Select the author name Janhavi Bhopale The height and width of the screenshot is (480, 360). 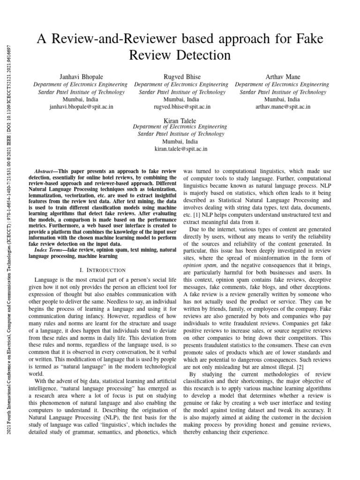pos(81,76)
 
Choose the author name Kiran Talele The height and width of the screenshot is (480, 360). pos(180,121)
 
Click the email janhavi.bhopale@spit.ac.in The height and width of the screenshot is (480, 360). pos(81,107)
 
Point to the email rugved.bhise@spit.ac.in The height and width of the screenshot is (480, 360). pos(182,107)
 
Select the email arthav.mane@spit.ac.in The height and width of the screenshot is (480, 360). pos(282,107)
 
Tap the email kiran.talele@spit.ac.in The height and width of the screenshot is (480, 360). pos(180,149)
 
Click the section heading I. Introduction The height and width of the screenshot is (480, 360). pos(103,270)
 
